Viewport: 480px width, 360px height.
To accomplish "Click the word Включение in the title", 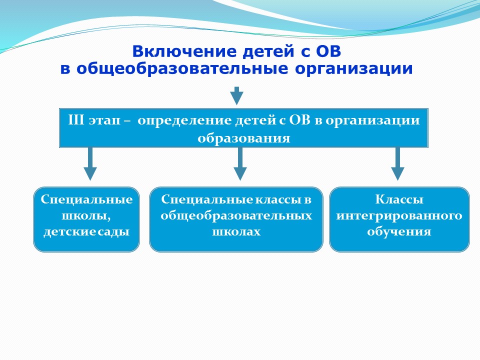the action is [x=184, y=51].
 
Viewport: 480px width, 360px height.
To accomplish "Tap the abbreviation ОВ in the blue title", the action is [x=328, y=51].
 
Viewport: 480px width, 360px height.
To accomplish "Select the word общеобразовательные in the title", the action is [x=182, y=68].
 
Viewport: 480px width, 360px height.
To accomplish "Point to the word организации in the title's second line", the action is [x=354, y=69].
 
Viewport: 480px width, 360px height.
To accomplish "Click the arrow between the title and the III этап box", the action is [x=236, y=96].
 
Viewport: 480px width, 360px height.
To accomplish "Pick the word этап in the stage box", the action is [x=104, y=121].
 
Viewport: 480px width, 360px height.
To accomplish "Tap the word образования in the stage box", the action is [x=244, y=138].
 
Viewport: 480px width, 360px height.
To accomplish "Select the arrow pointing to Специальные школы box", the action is [x=90, y=164].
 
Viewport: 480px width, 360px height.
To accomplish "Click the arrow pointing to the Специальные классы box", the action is [x=240, y=164].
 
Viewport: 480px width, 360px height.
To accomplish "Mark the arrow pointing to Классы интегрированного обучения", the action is [x=397, y=164].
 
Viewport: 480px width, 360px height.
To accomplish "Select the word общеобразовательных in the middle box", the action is [x=236, y=216].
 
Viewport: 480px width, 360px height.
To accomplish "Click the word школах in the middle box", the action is [x=236, y=231].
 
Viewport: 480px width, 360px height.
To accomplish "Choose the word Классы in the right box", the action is [x=399, y=199].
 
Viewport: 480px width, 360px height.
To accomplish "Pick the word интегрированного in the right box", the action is [x=399, y=216].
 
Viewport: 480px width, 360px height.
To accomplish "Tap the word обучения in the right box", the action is [x=399, y=231].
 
